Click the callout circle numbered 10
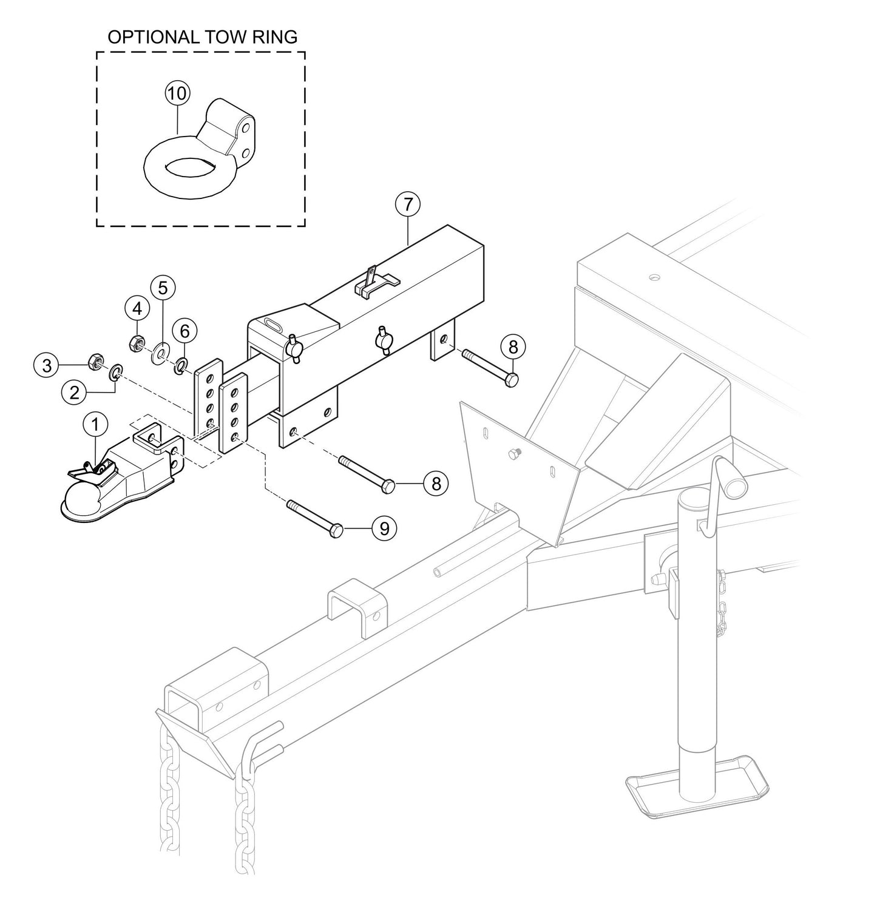coord(177,93)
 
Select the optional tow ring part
coord(200,152)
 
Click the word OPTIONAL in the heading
coord(151,37)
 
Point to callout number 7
coord(407,204)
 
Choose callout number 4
coord(137,309)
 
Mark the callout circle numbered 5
coord(163,286)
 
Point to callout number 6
coord(185,331)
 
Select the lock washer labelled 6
coord(181,365)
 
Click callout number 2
coord(75,393)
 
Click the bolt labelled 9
coord(313,516)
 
